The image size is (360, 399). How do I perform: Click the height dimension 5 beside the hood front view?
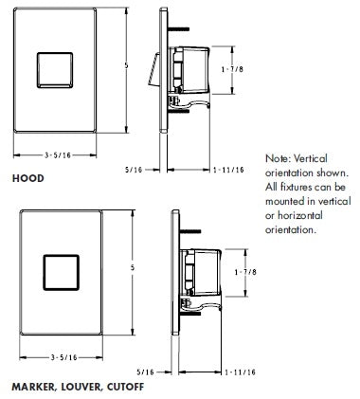[x=126, y=66]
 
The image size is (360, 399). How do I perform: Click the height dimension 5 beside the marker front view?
[x=132, y=268]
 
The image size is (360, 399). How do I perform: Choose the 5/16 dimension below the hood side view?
[x=134, y=170]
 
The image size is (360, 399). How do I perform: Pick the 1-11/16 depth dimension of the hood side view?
[x=228, y=170]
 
